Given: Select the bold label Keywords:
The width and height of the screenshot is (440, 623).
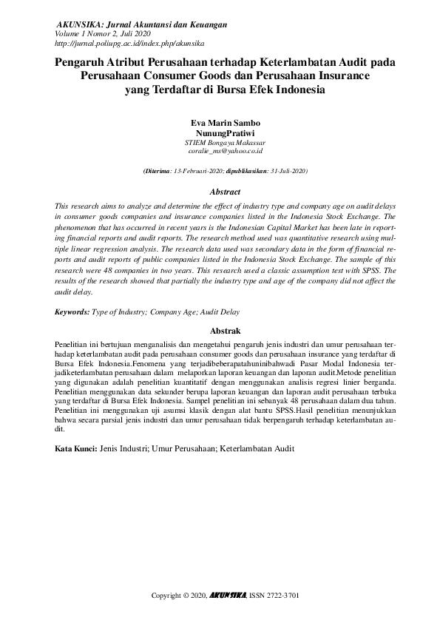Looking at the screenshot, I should tap(72, 313).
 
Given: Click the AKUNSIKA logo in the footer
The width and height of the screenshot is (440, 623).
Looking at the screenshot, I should tap(227, 596).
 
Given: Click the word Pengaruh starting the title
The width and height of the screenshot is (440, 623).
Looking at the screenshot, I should tap(82, 63).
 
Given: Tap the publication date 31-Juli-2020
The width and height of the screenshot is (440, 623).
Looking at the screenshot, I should tap(288, 171).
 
